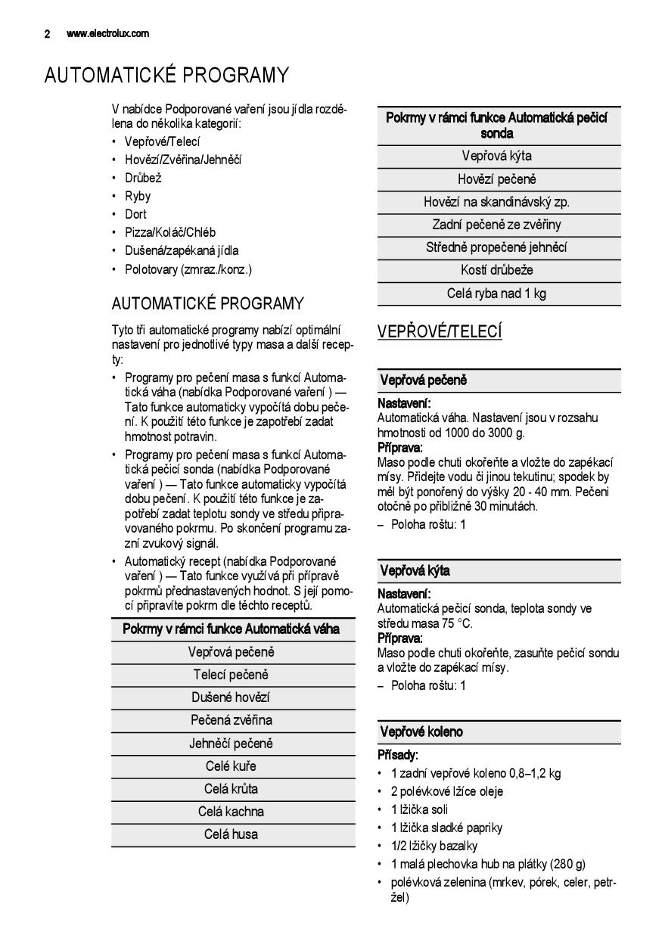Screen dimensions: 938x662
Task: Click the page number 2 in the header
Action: [47, 33]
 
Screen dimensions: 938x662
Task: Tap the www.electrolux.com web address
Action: [107, 33]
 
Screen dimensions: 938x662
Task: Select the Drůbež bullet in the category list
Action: [143, 178]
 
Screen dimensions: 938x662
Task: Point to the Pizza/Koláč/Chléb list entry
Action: [170, 232]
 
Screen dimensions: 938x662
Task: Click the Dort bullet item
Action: [135, 214]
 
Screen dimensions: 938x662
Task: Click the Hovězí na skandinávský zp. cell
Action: [496, 202]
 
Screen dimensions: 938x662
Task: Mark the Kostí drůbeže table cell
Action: [496, 270]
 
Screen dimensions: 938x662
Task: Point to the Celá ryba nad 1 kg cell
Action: [496, 294]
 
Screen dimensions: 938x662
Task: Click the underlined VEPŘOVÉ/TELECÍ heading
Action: [440, 332]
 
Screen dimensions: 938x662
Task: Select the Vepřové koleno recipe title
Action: [421, 731]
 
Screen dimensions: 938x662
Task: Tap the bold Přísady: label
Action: [398, 755]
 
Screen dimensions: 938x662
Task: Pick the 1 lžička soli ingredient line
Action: [419, 809]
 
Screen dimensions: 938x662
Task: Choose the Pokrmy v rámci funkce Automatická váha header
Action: [231, 629]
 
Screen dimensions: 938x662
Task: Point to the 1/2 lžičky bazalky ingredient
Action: [434, 846]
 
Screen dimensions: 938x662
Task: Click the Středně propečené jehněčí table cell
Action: [496, 247]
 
